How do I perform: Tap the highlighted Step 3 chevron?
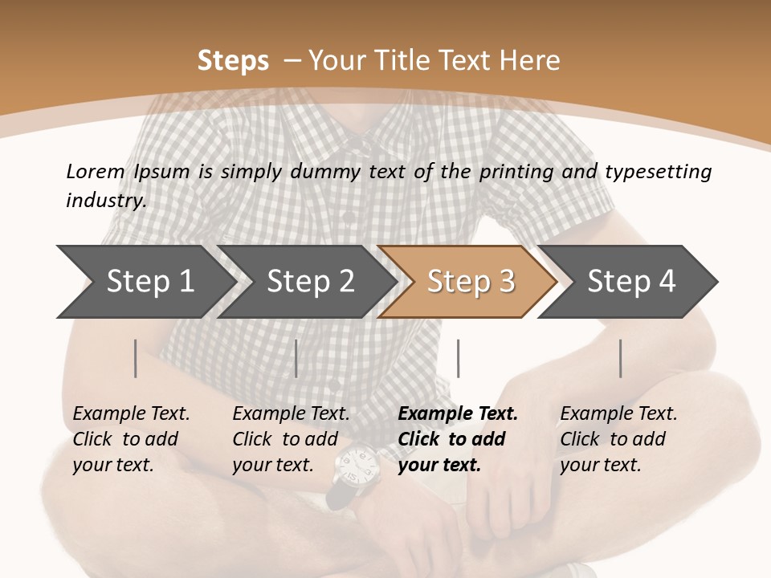pos(471,282)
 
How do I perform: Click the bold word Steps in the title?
pos(233,61)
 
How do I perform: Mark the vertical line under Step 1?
pos(136,358)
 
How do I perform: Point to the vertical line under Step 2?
pos(296,358)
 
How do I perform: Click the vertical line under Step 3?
pos(458,358)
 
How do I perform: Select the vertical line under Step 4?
pos(620,358)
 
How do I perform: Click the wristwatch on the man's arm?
pos(353,470)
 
